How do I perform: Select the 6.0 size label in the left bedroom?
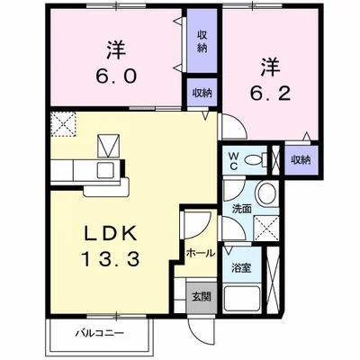click(115, 76)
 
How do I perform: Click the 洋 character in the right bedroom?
click(269, 67)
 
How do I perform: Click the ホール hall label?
click(200, 254)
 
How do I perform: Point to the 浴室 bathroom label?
click(239, 268)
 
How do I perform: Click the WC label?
click(231, 160)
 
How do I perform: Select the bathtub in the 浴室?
click(242, 300)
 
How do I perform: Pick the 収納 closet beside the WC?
click(300, 159)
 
